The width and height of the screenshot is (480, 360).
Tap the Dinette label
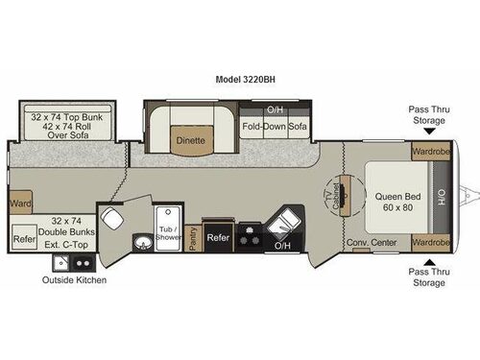189,140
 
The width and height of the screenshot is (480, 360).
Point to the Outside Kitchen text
74,280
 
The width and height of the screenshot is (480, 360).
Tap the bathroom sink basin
142,242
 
